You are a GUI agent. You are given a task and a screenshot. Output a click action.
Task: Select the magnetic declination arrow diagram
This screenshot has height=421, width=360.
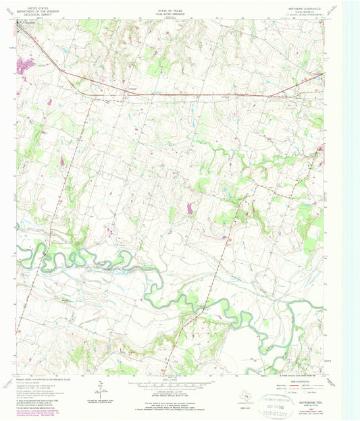tap(100, 389)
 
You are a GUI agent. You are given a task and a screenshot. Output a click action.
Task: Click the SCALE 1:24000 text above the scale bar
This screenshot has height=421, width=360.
tap(180, 381)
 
